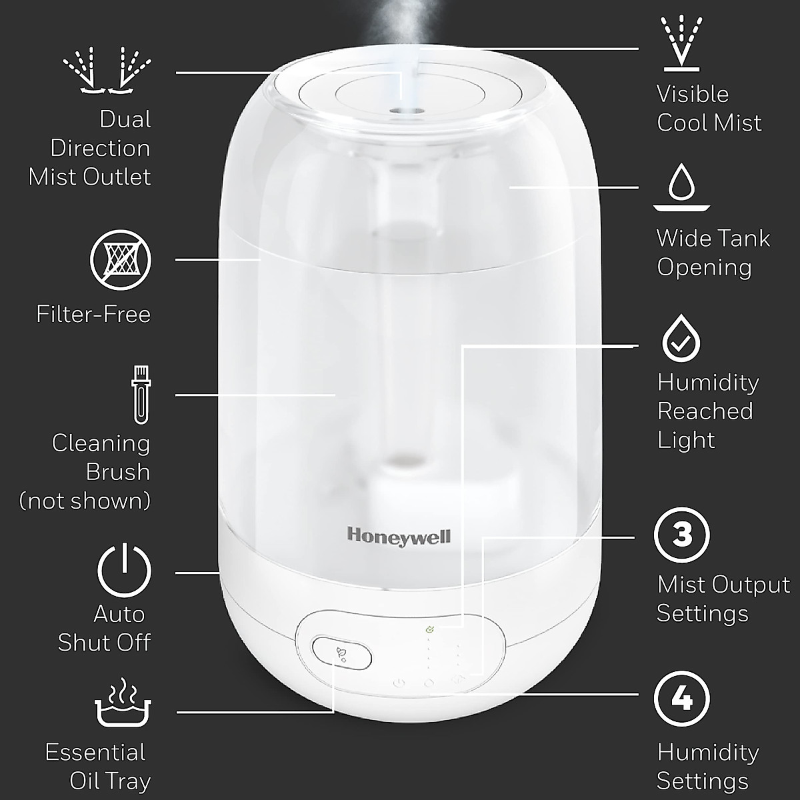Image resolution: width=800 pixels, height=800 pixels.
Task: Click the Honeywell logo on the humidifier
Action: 399,535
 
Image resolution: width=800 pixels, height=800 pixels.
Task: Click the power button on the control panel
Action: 399,683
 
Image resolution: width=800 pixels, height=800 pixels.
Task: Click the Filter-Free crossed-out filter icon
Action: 121,260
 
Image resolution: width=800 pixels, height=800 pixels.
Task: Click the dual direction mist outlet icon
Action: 107,69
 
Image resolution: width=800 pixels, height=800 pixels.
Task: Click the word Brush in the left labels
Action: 118,471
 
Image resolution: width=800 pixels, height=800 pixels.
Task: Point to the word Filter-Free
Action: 93,314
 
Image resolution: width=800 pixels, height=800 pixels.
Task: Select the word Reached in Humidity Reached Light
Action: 705,411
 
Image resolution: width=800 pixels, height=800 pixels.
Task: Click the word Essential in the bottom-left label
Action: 95,752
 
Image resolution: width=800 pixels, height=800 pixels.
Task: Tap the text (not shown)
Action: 85,500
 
